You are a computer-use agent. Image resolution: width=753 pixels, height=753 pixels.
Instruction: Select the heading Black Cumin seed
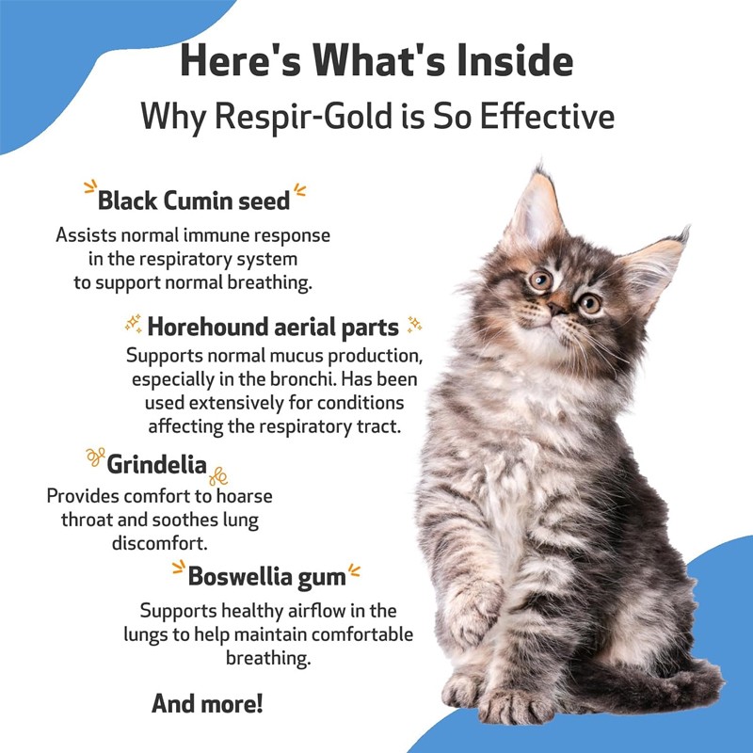(194, 200)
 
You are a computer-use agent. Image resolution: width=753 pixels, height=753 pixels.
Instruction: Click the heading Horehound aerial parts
(273, 327)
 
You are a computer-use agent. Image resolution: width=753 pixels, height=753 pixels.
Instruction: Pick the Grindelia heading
(156, 464)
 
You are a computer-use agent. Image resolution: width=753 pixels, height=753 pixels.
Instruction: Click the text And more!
(207, 702)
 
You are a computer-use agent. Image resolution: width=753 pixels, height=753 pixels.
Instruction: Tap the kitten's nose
(558, 308)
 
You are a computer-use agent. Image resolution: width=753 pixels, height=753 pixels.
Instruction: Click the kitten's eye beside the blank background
(590, 303)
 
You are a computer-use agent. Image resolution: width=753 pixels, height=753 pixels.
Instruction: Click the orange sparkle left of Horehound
(134, 325)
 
